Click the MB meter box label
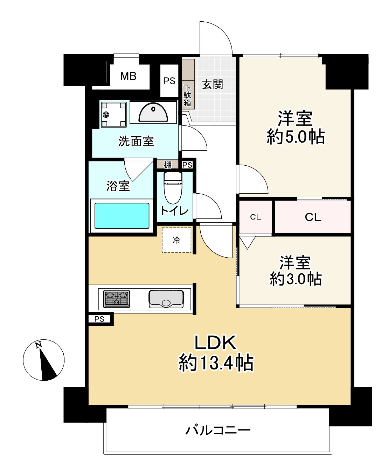point(128,76)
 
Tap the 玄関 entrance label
point(213,85)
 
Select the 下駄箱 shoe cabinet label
point(187,95)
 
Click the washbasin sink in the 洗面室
point(153,113)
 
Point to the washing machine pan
point(113,114)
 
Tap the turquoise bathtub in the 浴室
point(122,216)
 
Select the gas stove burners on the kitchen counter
point(117,299)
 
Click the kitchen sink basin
point(166,299)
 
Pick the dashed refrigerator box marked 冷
point(176,240)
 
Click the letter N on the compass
point(38,345)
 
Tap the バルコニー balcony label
point(218,430)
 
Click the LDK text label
point(215,343)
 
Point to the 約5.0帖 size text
point(296,137)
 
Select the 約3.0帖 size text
point(296,279)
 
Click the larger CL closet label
point(313,217)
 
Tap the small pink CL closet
point(256,217)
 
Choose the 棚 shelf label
point(168,165)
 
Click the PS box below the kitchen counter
point(99,319)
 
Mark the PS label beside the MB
point(169,81)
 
